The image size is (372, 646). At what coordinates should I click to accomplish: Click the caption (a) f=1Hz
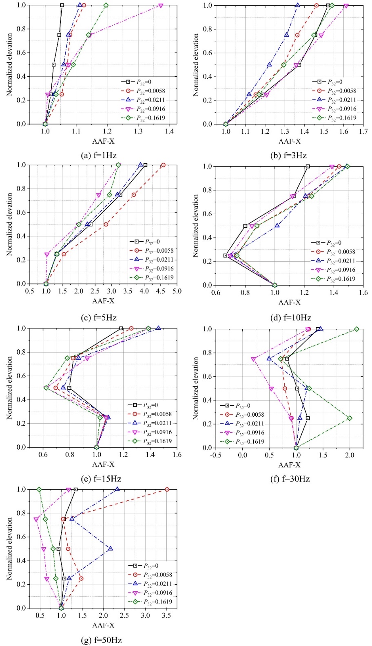pos(99,155)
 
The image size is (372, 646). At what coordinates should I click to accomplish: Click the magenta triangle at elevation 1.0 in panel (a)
pos(161,6)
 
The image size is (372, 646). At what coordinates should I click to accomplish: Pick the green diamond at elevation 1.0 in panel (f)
pos(357,329)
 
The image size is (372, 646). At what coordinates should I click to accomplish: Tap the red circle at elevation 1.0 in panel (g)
pos(167,489)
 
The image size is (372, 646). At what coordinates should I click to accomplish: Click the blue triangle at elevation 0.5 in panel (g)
pos(111,549)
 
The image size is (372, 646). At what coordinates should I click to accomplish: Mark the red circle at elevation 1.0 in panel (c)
pos(163,165)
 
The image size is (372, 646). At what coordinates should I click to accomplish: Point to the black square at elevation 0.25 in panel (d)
pos(226,255)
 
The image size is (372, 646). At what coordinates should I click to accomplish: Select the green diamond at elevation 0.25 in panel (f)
pos(350,418)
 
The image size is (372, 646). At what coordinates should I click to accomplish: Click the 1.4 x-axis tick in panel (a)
pos(169,131)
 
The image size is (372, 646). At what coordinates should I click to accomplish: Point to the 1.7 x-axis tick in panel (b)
pos(363,131)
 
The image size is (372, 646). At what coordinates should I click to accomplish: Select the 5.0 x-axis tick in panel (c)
pos(177,291)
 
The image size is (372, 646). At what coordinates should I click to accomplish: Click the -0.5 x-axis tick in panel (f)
pos(216,455)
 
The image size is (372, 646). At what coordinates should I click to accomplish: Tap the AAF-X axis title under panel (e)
pos(103,464)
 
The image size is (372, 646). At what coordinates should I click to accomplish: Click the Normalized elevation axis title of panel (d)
pos(196,225)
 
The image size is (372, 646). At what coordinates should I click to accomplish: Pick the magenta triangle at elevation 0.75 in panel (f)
pos(254,360)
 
